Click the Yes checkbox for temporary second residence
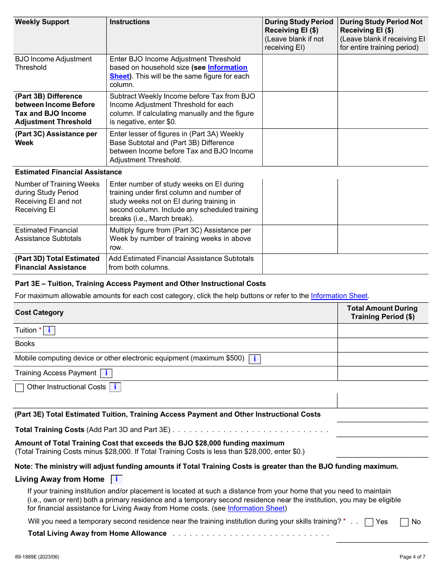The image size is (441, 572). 369,522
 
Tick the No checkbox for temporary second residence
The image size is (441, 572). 404,522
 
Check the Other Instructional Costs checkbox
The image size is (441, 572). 19,388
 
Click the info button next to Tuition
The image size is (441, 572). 49,331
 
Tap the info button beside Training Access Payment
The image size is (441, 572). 106,373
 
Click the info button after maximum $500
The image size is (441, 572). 254,359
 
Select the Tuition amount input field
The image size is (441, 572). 383,331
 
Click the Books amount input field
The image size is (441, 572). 383,345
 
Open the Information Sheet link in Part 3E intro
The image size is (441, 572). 339,296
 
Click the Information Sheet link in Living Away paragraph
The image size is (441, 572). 256,508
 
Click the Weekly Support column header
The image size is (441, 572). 42,22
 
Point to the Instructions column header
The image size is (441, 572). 130,22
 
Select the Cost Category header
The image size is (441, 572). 39,313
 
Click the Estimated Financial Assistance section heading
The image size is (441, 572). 68,172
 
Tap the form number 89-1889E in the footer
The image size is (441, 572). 37,557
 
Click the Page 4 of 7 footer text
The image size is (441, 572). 412,557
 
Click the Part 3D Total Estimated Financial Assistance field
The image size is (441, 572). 345,264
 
